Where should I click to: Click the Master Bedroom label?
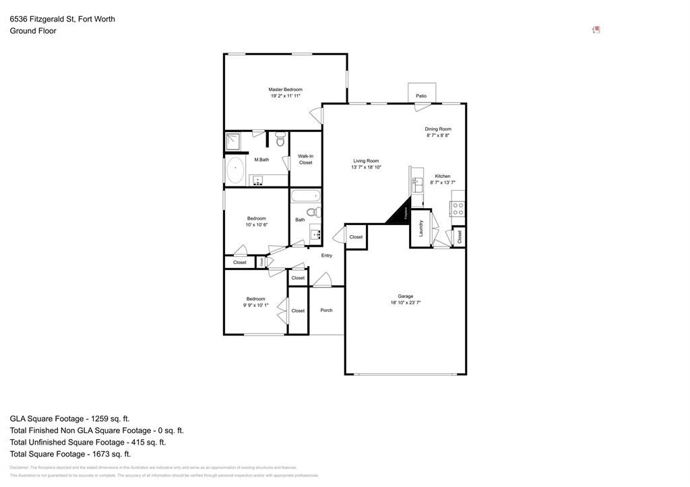point(285,90)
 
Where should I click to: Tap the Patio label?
point(420,96)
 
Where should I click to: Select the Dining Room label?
point(437,129)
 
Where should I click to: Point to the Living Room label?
point(366,161)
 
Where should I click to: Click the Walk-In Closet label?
point(305,159)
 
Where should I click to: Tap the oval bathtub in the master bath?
point(235,171)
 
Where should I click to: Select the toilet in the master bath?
point(280,140)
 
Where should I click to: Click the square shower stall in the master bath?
point(233,141)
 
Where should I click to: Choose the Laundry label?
point(421,228)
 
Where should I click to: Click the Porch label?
point(326,311)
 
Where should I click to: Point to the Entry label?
point(326,255)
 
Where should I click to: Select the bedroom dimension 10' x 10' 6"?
point(256,225)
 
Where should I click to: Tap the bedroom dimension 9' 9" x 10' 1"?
point(255,305)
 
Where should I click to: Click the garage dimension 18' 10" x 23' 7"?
point(405,303)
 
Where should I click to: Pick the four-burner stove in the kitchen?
point(458,208)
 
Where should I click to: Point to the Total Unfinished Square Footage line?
point(88,442)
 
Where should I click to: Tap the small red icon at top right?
point(596,30)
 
